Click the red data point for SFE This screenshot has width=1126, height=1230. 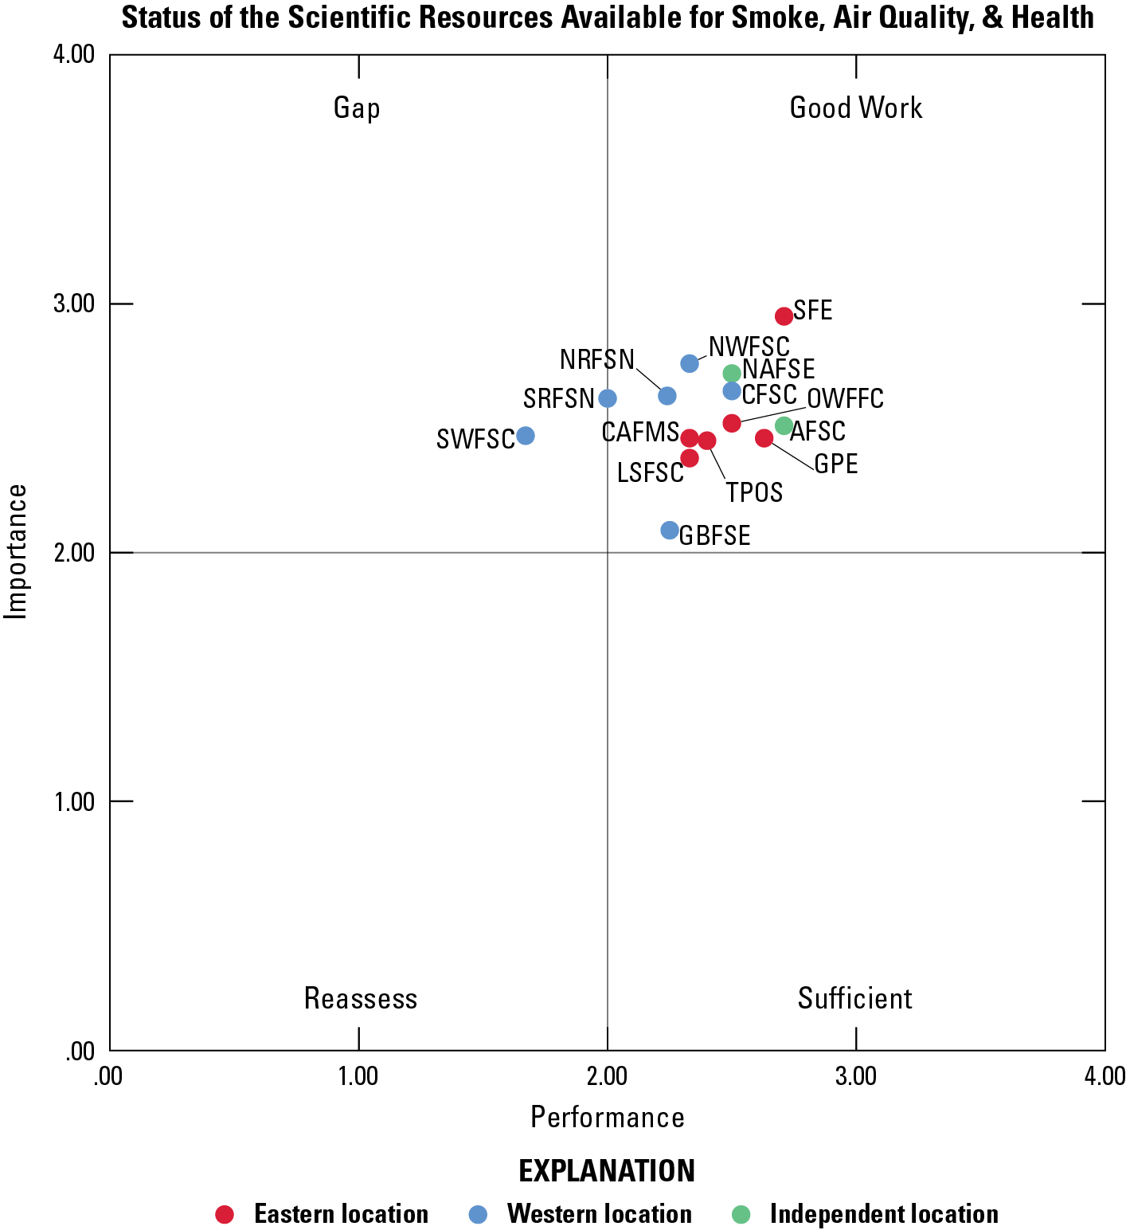(x=784, y=316)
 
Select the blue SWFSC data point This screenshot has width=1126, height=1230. (x=525, y=436)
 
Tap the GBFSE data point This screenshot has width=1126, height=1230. (x=670, y=531)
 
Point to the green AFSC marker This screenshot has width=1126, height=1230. (x=784, y=426)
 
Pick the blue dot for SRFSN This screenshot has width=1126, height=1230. (x=608, y=398)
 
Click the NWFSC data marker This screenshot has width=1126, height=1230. (x=690, y=364)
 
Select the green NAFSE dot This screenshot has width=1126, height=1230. (x=732, y=374)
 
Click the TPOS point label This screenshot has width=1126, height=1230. (x=754, y=493)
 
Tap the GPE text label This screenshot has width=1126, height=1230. (x=836, y=464)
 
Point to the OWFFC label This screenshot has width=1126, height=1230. (x=845, y=398)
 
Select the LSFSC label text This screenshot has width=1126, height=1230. (x=651, y=473)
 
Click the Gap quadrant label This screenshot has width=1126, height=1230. (x=357, y=108)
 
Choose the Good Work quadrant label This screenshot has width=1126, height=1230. (x=856, y=108)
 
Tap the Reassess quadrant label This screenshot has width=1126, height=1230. (x=361, y=999)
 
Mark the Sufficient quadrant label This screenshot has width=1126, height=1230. (x=855, y=999)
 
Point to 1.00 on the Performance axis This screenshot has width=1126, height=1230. (x=358, y=1077)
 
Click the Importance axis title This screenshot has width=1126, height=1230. (x=16, y=551)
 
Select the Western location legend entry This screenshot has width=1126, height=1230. (x=599, y=1214)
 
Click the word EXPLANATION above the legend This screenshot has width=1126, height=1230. (x=607, y=1171)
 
